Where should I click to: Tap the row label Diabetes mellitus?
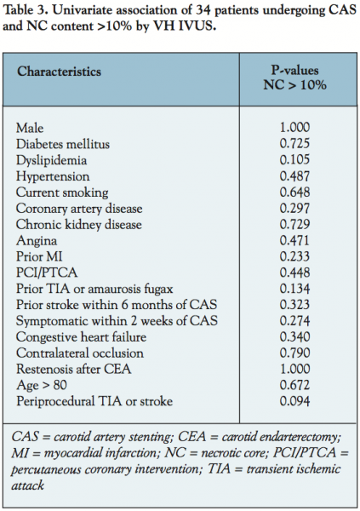64,144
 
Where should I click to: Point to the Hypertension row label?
54,176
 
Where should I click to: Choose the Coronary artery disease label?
79,209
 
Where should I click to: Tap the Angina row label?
37,241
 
